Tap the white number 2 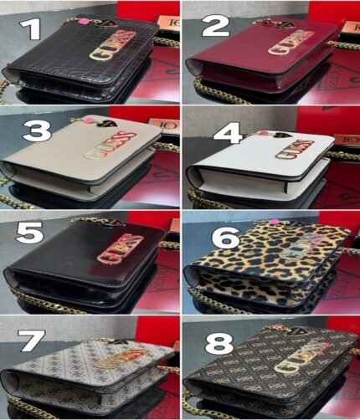point(215,27)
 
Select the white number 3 point(36,131)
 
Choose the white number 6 point(225,238)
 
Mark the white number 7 point(32,340)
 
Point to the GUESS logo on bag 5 point(116,248)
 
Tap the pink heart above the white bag point(265,132)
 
